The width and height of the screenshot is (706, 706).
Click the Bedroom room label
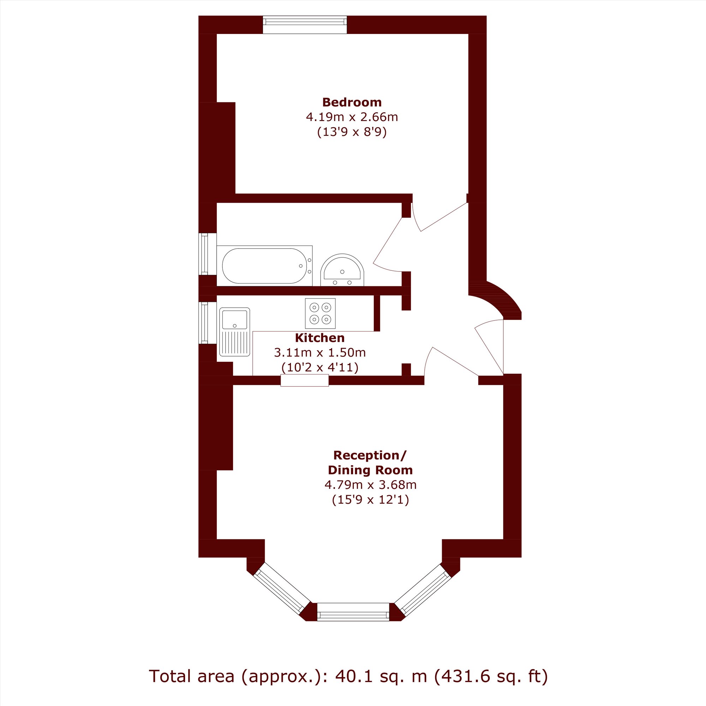(352, 102)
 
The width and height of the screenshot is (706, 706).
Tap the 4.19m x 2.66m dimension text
(352, 117)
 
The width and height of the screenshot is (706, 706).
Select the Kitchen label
(320, 338)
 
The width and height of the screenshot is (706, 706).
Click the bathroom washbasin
(342, 270)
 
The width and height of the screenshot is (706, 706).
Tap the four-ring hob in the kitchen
(320, 313)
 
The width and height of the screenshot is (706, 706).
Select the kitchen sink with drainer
(235, 332)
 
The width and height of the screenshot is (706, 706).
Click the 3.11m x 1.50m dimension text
(320, 352)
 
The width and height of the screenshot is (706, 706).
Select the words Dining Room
(370, 470)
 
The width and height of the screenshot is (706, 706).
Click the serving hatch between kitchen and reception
(305, 381)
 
